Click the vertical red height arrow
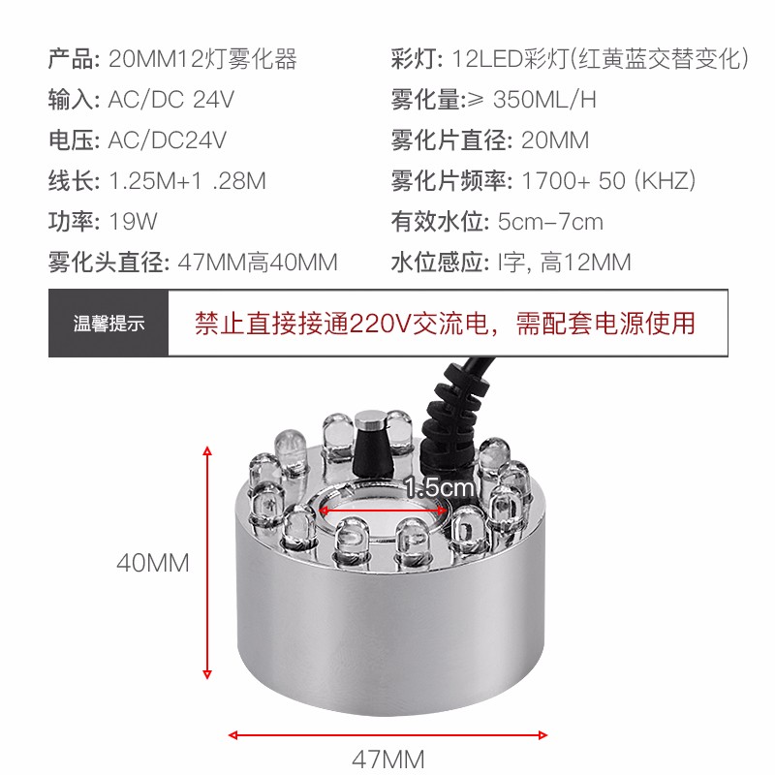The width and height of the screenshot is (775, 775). point(206,562)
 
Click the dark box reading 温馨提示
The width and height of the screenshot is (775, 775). point(108,324)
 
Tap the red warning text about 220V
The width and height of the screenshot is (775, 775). point(445,323)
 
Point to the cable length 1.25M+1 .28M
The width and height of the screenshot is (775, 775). point(187,181)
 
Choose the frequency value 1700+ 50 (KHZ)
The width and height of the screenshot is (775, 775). point(608,181)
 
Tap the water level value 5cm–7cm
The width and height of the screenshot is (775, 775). point(549,222)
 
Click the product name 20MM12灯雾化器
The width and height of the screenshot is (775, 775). point(202,59)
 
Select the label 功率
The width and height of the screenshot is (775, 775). point(74,222)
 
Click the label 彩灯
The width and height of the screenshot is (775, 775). point(416,59)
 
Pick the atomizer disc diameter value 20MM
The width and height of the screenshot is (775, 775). point(554,140)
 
